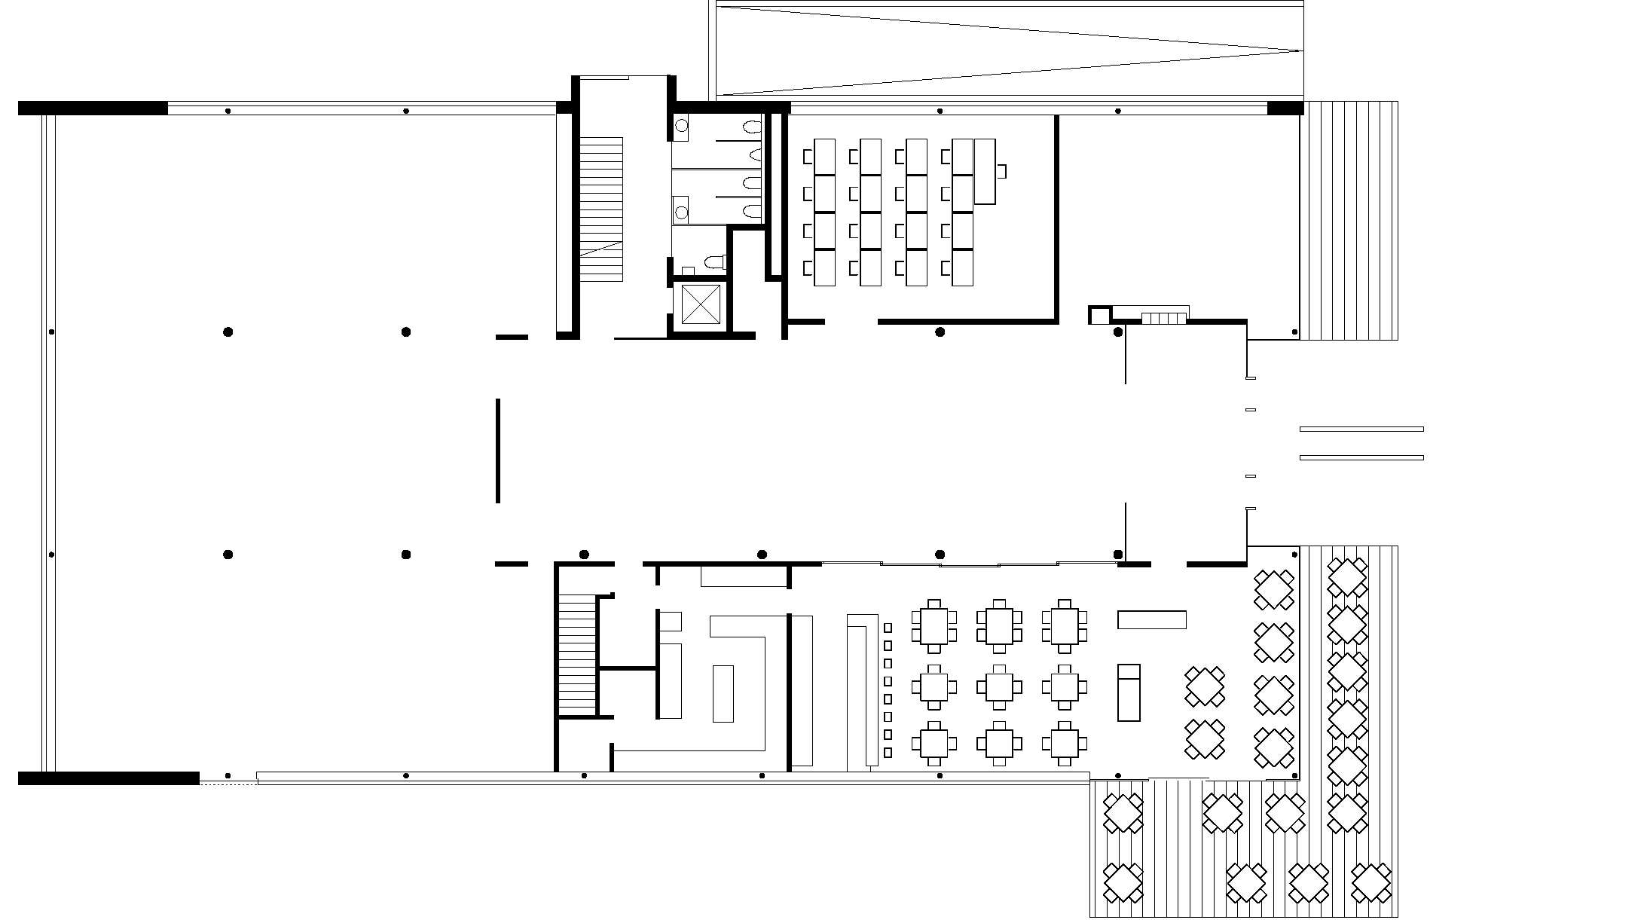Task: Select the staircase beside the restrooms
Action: pyautogui.click(x=601, y=209)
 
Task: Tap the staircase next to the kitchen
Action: pyautogui.click(x=578, y=653)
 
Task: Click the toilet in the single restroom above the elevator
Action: pyautogui.click(x=713, y=262)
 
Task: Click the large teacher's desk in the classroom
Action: pyautogui.click(x=985, y=171)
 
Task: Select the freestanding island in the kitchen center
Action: pyautogui.click(x=723, y=693)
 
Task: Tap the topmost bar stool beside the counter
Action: pyautogui.click(x=888, y=628)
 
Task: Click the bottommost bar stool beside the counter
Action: pyautogui.click(x=888, y=752)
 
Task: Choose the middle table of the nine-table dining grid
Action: pyautogui.click(x=999, y=686)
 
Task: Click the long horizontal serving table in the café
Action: pyautogui.click(x=1151, y=619)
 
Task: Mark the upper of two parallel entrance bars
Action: pyautogui.click(x=1361, y=429)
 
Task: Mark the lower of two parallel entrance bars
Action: pyautogui.click(x=1361, y=457)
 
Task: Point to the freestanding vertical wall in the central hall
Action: pyautogui.click(x=498, y=451)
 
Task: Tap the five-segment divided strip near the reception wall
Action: pyautogui.click(x=1163, y=319)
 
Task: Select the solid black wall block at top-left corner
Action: pyautogui.click(x=92, y=108)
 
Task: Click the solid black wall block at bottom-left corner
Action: pyautogui.click(x=108, y=778)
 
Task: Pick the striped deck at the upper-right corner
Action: pyautogui.click(x=1349, y=220)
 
